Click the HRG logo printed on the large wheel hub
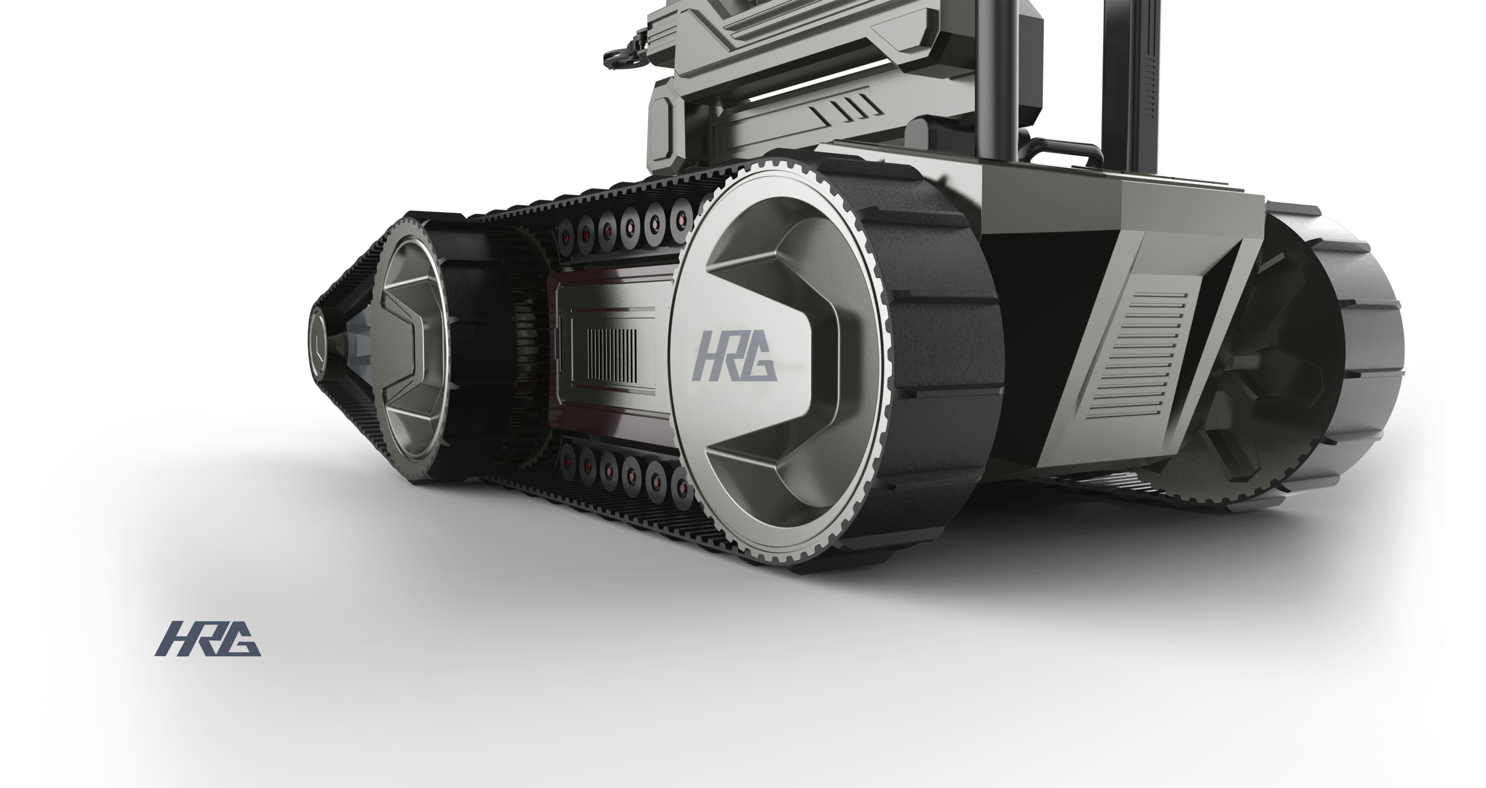(734, 363)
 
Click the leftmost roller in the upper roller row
(567, 237)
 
